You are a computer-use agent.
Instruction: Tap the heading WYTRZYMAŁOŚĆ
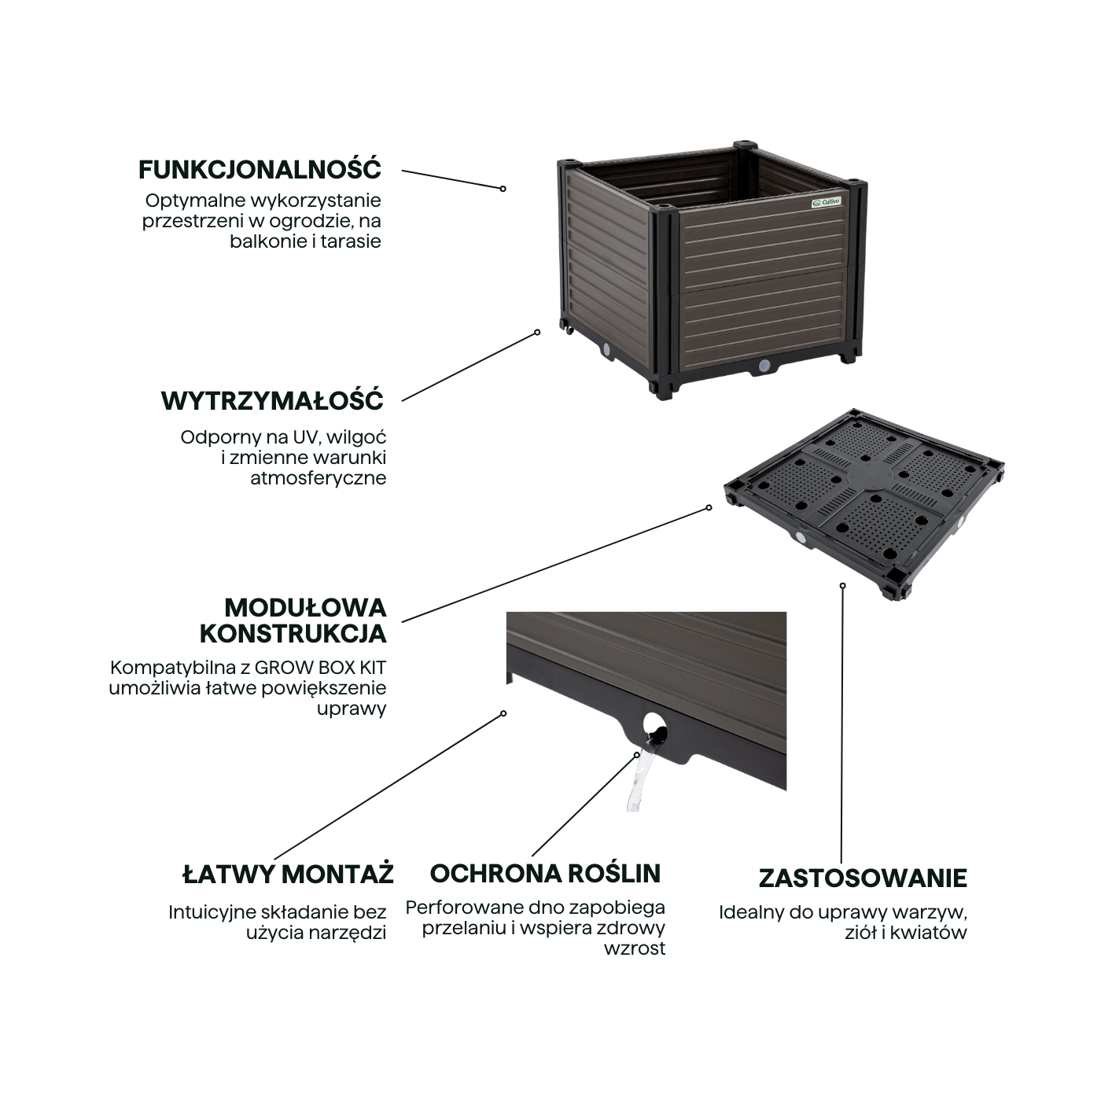click(273, 400)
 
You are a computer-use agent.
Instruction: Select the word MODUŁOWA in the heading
click(306, 607)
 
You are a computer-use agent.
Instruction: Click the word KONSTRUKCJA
click(293, 634)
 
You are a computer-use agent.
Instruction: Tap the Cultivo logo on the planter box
click(827, 201)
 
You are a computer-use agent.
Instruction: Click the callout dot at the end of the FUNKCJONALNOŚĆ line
click(503, 189)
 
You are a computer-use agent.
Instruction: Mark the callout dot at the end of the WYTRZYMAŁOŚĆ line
click(537, 332)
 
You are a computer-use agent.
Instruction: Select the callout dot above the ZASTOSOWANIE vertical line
click(843, 585)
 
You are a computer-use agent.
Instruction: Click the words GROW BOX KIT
click(321, 668)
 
